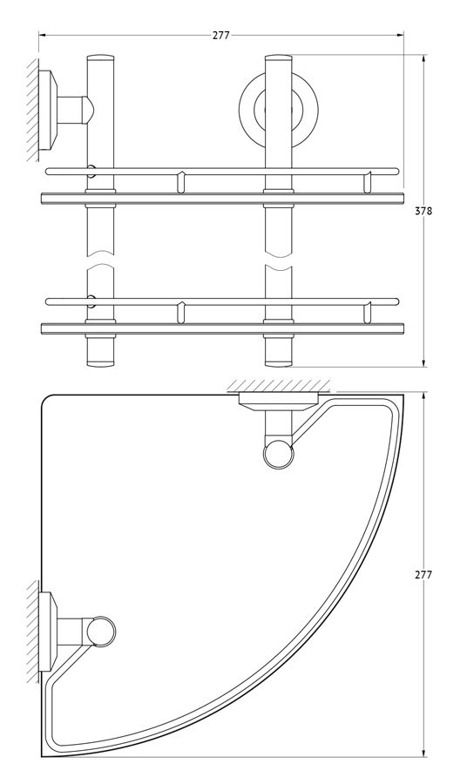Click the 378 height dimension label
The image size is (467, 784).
click(x=423, y=211)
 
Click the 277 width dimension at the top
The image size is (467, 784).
click(x=221, y=36)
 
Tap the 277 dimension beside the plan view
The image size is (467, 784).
click(x=423, y=575)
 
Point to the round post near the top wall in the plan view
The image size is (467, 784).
click(x=279, y=455)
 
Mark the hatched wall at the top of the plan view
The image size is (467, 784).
click(x=279, y=387)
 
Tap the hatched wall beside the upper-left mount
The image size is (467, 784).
click(x=32, y=110)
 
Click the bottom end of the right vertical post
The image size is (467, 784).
click(x=279, y=363)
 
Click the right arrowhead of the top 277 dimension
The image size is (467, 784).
click(x=401, y=35)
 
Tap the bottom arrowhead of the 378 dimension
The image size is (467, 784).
click(x=424, y=363)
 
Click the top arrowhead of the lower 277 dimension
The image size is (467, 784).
click(x=424, y=396)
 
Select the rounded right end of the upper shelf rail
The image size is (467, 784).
click(x=396, y=171)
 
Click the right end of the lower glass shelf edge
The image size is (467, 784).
click(x=403, y=328)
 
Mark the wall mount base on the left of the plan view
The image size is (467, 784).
click(x=49, y=632)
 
